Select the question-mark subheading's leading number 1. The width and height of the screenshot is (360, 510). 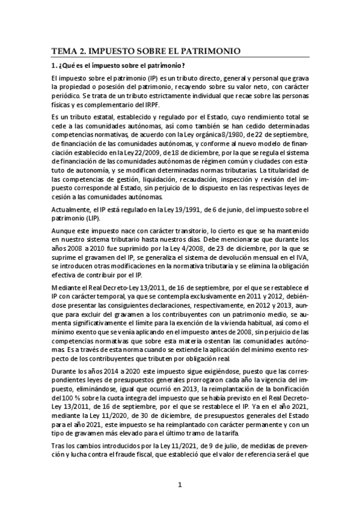pyautogui.click(x=53, y=66)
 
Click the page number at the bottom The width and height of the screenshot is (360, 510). pyautogui.click(x=180, y=485)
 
